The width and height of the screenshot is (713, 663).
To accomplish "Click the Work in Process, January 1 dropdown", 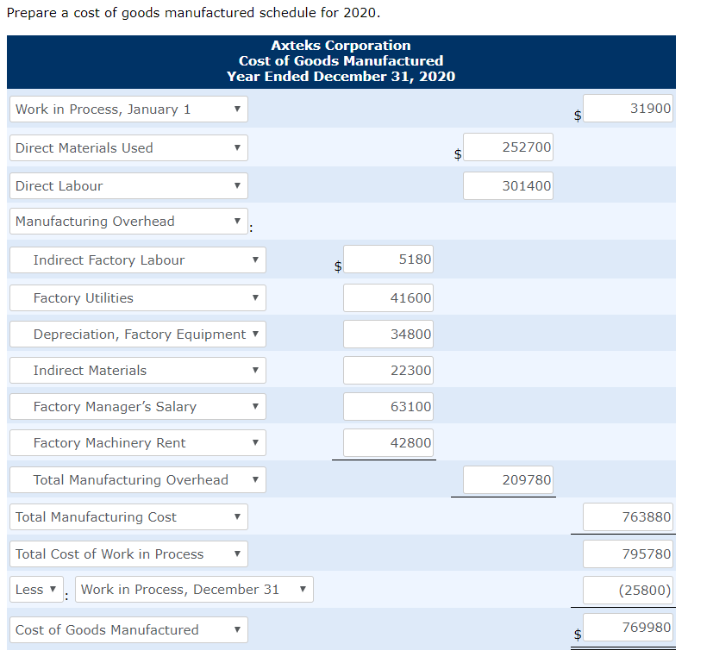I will point(128,109).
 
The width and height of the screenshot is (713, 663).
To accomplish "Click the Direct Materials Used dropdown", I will point(128,148).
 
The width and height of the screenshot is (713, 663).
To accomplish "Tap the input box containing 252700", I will point(509,147).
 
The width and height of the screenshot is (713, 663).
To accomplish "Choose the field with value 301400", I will point(509,185).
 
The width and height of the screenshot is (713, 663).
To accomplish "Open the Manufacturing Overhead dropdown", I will point(128,222).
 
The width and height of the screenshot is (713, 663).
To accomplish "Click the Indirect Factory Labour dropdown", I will point(138,260).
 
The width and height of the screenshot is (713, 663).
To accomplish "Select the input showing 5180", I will point(389,260).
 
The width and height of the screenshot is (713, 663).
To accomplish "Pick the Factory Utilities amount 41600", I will point(389,297).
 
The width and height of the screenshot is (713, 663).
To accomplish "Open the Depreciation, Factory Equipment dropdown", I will point(138,335).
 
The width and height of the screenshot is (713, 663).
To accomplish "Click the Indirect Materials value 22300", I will point(389,370).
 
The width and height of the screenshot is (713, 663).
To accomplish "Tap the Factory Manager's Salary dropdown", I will point(138,407).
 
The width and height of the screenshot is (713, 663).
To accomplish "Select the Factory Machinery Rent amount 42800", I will point(389,442).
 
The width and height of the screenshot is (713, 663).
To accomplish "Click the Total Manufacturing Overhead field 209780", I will point(509,479).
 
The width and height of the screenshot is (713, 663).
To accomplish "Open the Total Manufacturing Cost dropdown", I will point(128,517).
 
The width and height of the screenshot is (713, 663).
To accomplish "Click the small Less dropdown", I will point(37,590).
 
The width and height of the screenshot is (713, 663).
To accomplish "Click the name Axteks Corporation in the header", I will point(341,45).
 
